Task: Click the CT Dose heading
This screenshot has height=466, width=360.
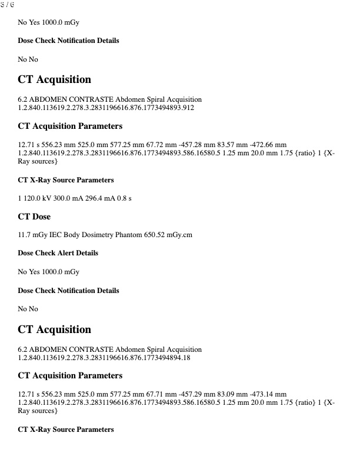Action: (x=34, y=217)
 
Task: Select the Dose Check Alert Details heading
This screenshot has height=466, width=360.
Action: (x=58, y=253)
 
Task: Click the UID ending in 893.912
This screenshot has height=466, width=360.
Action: (x=106, y=108)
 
